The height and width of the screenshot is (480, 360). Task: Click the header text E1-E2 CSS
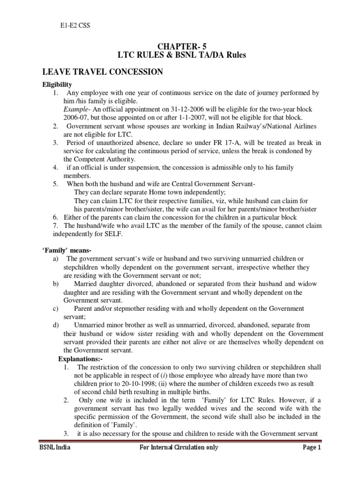tap(72, 25)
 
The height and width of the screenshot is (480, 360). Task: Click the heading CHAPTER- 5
tap(181, 46)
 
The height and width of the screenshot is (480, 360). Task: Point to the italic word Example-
tap(77, 109)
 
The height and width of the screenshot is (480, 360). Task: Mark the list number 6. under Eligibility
tap(55, 217)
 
